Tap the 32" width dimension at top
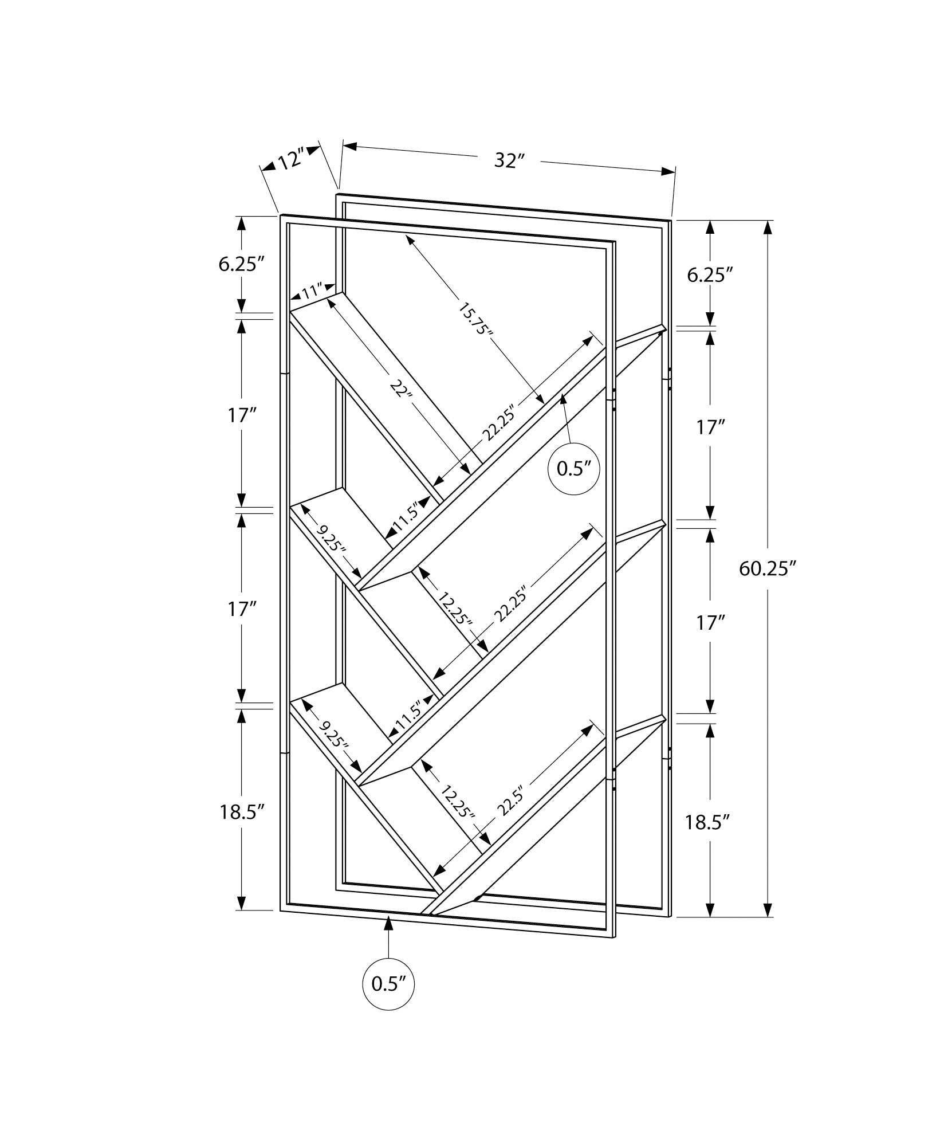tap(509, 161)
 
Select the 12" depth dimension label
tap(291, 160)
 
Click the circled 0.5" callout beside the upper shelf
tap(574, 469)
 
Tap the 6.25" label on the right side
tap(710, 274)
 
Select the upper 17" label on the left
tap(241, 415)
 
